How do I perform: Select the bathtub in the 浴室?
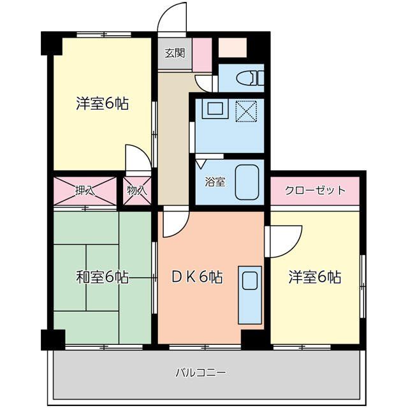tap(247, 182)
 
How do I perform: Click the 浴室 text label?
tap(214, 182)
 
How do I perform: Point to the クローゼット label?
tap(315, 190)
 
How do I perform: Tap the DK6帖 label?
tap(197, 277)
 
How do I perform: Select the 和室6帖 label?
tap(102, 277)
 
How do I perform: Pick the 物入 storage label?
tap(137, 190)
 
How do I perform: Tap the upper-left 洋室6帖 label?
tap(102, 103)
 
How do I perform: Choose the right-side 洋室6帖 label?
tap(314, 277)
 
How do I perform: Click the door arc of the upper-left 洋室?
tap(138, 158)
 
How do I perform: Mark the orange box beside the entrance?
tap(231, 47)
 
